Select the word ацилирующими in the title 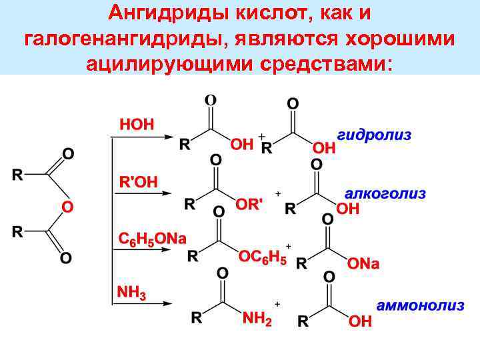tap(160, 63)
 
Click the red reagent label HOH tap(136, 124)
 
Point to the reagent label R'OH tap(138, 181)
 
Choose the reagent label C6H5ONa tap(153, 239)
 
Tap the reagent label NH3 tap(131, 293)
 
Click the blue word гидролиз tap(374, 135)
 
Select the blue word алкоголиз tap(385, 194)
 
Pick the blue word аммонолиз tap(420, 306)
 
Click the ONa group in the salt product tap(363, 264)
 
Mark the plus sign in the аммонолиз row tap(277, 303)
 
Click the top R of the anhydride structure tap(18, 175)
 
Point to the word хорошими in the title tap(400, 38)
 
